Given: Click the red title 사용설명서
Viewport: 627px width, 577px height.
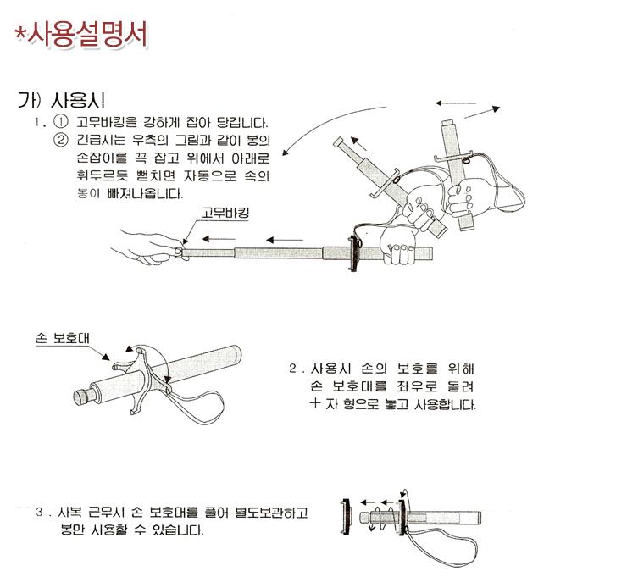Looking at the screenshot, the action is pos(81,35).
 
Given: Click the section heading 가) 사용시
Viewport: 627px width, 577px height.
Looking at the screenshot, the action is pos(61,100).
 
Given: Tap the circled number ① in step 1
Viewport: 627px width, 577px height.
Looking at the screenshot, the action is pos(61,121).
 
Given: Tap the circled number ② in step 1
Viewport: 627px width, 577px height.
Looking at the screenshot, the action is pos(61,140).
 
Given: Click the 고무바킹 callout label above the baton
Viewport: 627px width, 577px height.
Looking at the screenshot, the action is pos(225,213).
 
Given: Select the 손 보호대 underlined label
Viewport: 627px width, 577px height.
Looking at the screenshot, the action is pos(63,339).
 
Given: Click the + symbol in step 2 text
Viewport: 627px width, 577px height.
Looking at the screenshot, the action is pos(315,403).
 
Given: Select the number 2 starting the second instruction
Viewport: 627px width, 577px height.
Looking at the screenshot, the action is pos(292,368).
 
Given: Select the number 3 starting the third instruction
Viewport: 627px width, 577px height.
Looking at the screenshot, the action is pos(39,512).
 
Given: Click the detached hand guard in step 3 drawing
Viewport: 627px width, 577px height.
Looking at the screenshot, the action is pos(345,517).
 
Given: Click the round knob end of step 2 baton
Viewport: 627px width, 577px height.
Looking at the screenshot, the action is pos(82,396).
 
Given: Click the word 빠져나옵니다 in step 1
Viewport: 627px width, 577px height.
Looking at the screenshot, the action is pos(145,193).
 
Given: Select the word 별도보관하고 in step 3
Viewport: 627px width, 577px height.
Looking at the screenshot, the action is pos(271,512).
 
